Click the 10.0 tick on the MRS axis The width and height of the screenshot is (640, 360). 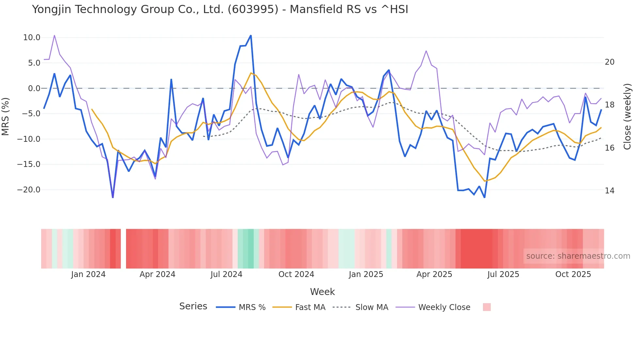[32, 38]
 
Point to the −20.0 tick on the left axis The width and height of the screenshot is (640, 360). [29, 190]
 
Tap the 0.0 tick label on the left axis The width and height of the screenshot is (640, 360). [34, 89]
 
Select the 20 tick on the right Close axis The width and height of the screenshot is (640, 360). [609, 62]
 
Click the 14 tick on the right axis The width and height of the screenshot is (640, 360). [609, 191]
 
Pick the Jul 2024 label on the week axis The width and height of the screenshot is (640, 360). [226, 274]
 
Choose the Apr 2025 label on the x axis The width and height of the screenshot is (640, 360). [434, 274]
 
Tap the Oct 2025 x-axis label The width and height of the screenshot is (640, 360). [573, 274]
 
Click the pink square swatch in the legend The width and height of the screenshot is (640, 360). [487, 307]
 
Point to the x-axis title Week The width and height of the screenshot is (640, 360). [322, 292]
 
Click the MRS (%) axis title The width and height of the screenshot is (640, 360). [6, 116]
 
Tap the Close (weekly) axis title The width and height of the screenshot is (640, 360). [627, 116]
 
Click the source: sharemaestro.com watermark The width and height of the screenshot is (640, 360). [578, 256]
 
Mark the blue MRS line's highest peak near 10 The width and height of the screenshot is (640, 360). [251, 35]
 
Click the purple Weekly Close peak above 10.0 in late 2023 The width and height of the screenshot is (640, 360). [54, 35]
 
